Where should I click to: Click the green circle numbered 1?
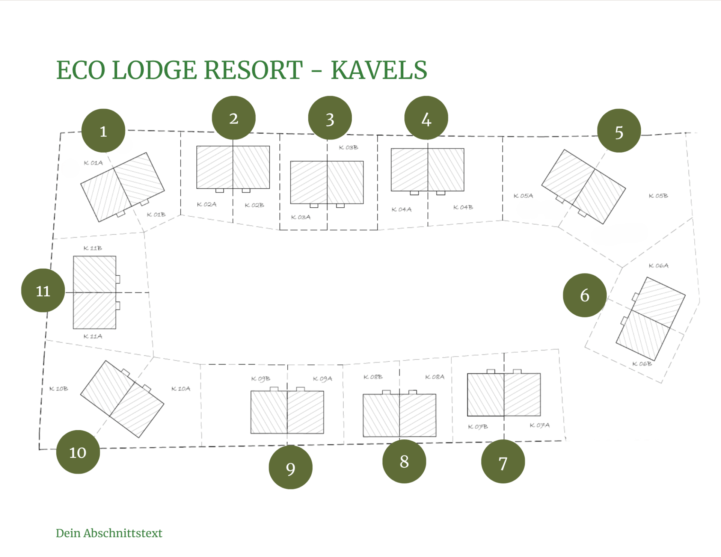click(103, 131)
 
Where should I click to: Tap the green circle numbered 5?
click(619, 131)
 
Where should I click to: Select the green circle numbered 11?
click(43, 290)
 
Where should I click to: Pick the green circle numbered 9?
click(290, 467)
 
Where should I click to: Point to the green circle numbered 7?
click(503, 462)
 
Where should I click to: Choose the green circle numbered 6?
click(585, 295)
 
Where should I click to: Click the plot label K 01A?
click(93, 163)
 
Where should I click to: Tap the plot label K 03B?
click(348, 148)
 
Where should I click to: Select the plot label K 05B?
click(658, 196)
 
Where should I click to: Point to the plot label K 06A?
click(659, 266)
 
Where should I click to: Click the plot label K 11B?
click(93, 248)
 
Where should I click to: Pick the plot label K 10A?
click(181, 388)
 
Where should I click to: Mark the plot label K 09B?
click(261, 379)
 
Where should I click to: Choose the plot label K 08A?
click(434, 377)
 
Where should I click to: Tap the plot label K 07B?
click(478, 427)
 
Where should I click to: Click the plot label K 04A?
click(401, 209)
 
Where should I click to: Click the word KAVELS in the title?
click(379, 70)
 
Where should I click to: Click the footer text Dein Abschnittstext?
click(109, 533)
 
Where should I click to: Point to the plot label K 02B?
click(254, 205)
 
